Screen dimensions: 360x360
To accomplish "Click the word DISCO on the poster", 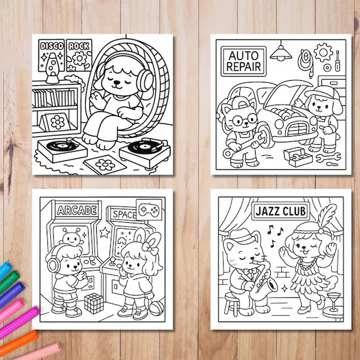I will (x=52, y=46).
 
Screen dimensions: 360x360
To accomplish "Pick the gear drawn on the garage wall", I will (x=323, y=53).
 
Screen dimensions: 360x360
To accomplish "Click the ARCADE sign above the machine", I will (x=76, y=210).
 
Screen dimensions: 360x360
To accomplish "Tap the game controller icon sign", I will (x=149, y=209).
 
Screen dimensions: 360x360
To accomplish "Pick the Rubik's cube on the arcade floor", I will (x=94, y=303).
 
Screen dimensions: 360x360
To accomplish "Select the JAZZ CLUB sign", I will (x=280, y=210).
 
